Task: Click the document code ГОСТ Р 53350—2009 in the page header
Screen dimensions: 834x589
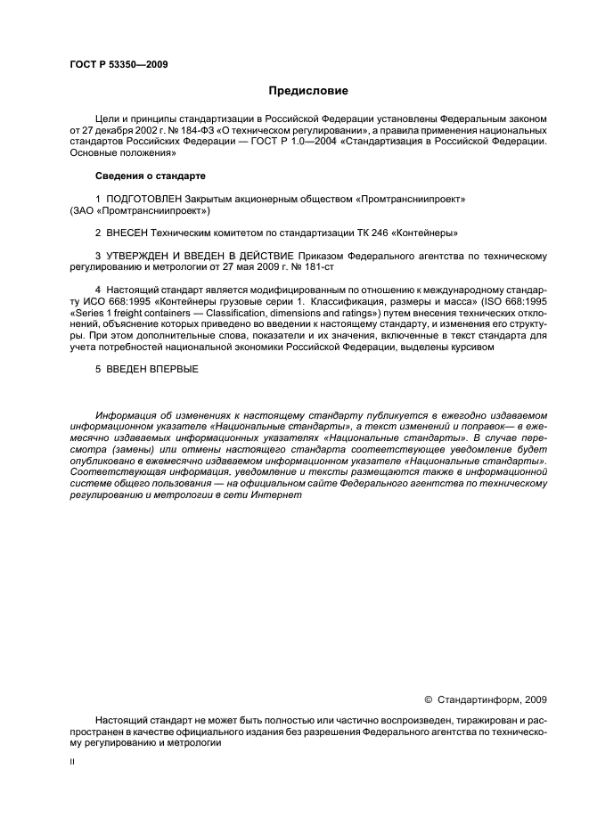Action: (118, 64)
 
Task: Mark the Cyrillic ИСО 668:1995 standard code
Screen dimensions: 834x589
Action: (116, 302)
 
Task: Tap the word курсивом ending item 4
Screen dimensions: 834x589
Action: (463, 348)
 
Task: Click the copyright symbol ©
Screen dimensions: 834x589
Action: (428, 699)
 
